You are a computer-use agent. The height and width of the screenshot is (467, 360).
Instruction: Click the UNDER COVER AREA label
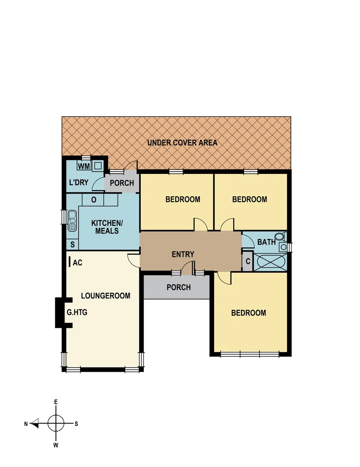(x=182, y=143)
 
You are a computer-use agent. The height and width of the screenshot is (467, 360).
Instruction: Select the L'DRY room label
(x=79, y=182)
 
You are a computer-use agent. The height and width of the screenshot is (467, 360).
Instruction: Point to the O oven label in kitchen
(x=93, y=200)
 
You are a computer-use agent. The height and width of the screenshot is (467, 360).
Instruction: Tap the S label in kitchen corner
(x=72, y=245)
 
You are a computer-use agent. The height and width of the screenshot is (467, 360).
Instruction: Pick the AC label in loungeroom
(x=77, y=262)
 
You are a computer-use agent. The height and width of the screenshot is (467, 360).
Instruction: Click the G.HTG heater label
(x=77, y=312)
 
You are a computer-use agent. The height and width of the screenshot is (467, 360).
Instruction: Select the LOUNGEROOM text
(x=106, y=296)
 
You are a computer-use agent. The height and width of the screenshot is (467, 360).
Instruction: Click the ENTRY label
(x=183, y=254)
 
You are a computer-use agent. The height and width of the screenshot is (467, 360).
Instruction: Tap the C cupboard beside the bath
(x=247, y=262)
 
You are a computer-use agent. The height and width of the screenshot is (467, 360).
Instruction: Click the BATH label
(x=266, y=242)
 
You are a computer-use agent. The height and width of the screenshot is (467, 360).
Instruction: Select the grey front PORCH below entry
(x=178, y=287)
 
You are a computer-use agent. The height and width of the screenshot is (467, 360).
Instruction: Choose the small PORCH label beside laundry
(x=122, y=183)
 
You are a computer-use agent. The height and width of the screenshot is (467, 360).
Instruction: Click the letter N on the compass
(x=26, y=424)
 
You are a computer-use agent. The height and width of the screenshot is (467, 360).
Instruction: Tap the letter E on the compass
(x=56, y=402)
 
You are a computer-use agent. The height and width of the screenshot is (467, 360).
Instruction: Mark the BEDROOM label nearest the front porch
(x=248, y=313)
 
